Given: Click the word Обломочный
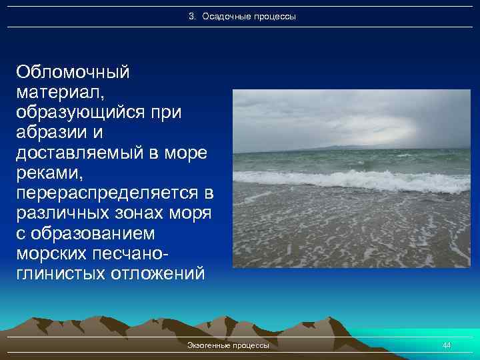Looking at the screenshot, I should [x=73, y=71].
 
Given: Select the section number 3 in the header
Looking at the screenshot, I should [x=191, y=16].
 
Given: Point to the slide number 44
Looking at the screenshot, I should [x=447, y=345].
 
